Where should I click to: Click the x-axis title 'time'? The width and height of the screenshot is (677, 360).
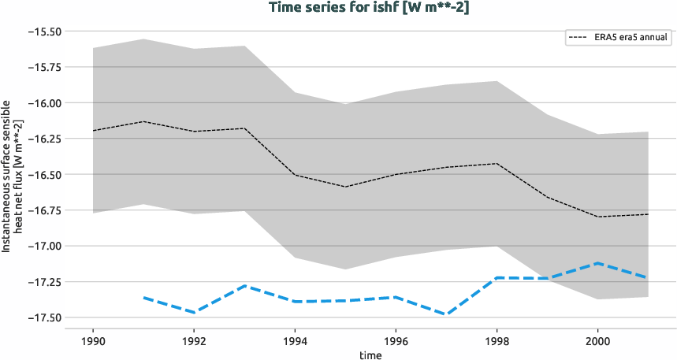370,354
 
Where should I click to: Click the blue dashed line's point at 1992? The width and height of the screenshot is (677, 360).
194,313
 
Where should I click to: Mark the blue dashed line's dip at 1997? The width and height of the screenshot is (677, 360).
446,314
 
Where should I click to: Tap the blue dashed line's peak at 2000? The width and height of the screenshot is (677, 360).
597,263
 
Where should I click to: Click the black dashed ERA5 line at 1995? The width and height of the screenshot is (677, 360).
345,187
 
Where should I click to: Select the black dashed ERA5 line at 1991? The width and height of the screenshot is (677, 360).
143,121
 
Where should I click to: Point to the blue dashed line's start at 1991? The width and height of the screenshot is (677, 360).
143,297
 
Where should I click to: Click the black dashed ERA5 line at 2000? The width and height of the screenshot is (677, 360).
597,217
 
